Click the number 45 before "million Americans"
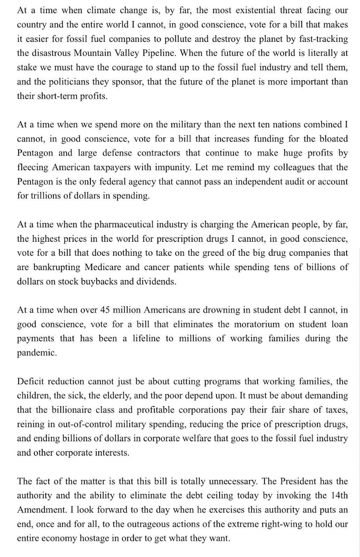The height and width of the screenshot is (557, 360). [x=106, y=310]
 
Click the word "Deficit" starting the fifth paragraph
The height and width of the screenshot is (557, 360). [x=31, y=381]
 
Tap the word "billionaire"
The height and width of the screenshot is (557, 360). [x=74, y=410]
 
